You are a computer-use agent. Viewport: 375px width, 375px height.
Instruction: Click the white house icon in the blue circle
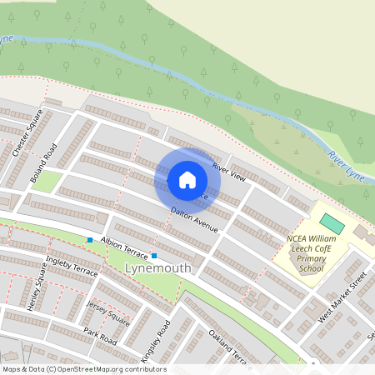(187, 180)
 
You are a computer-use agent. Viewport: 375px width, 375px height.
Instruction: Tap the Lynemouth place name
(157, 268)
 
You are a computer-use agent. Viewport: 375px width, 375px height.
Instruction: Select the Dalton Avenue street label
(194, 219)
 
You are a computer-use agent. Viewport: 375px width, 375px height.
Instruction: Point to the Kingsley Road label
(156, 339)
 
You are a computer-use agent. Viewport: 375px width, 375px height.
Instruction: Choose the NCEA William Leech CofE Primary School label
(312, 252)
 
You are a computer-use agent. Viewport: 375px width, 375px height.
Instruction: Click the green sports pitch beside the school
(332, 223)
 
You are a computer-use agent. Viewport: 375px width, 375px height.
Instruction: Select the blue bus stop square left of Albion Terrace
(90, 241)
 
